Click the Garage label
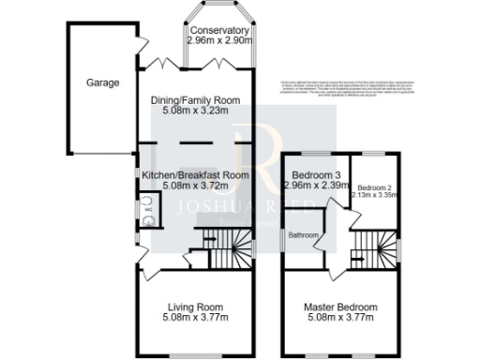(x=104, y=82)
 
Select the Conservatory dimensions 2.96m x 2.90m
(x=219, y=42)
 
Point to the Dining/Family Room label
(x=196, y=100)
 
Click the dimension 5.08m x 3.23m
(x=196, y=112)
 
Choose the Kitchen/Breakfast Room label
(x=195, y=175)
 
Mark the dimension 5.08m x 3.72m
(x=195, y=187)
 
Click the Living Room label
(x=195, y=307)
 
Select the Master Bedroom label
(x=339, y=307)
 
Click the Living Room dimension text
(x=195, y=318)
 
